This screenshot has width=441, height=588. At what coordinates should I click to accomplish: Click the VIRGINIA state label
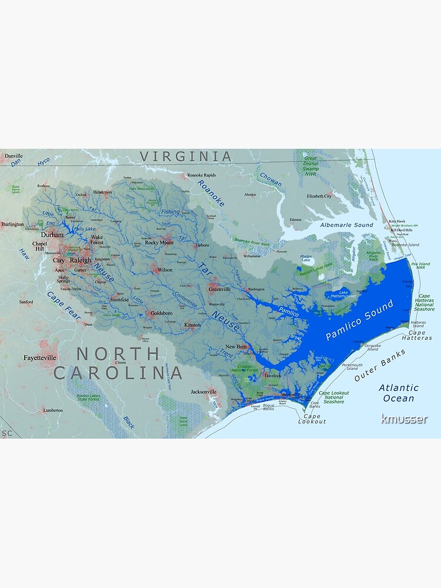(186, 156)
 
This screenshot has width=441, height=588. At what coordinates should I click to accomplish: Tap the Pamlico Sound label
(359, 323)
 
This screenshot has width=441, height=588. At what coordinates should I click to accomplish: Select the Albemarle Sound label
(346, 225)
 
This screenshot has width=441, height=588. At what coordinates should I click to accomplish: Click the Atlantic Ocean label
(399, 393)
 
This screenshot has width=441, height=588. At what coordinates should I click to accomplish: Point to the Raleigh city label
(81, 260)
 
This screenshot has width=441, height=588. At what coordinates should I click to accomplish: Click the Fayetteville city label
(40, 357)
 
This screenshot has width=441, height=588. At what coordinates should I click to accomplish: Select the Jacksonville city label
(203, 392)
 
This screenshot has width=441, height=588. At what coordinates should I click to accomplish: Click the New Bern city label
(236, 347)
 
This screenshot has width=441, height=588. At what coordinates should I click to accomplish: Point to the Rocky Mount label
(159, 242)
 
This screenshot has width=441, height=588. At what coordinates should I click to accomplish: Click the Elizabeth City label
(319, 196)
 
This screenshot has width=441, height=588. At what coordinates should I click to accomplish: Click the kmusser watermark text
(404, 419)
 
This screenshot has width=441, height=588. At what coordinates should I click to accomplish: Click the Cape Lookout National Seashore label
(333, 397)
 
